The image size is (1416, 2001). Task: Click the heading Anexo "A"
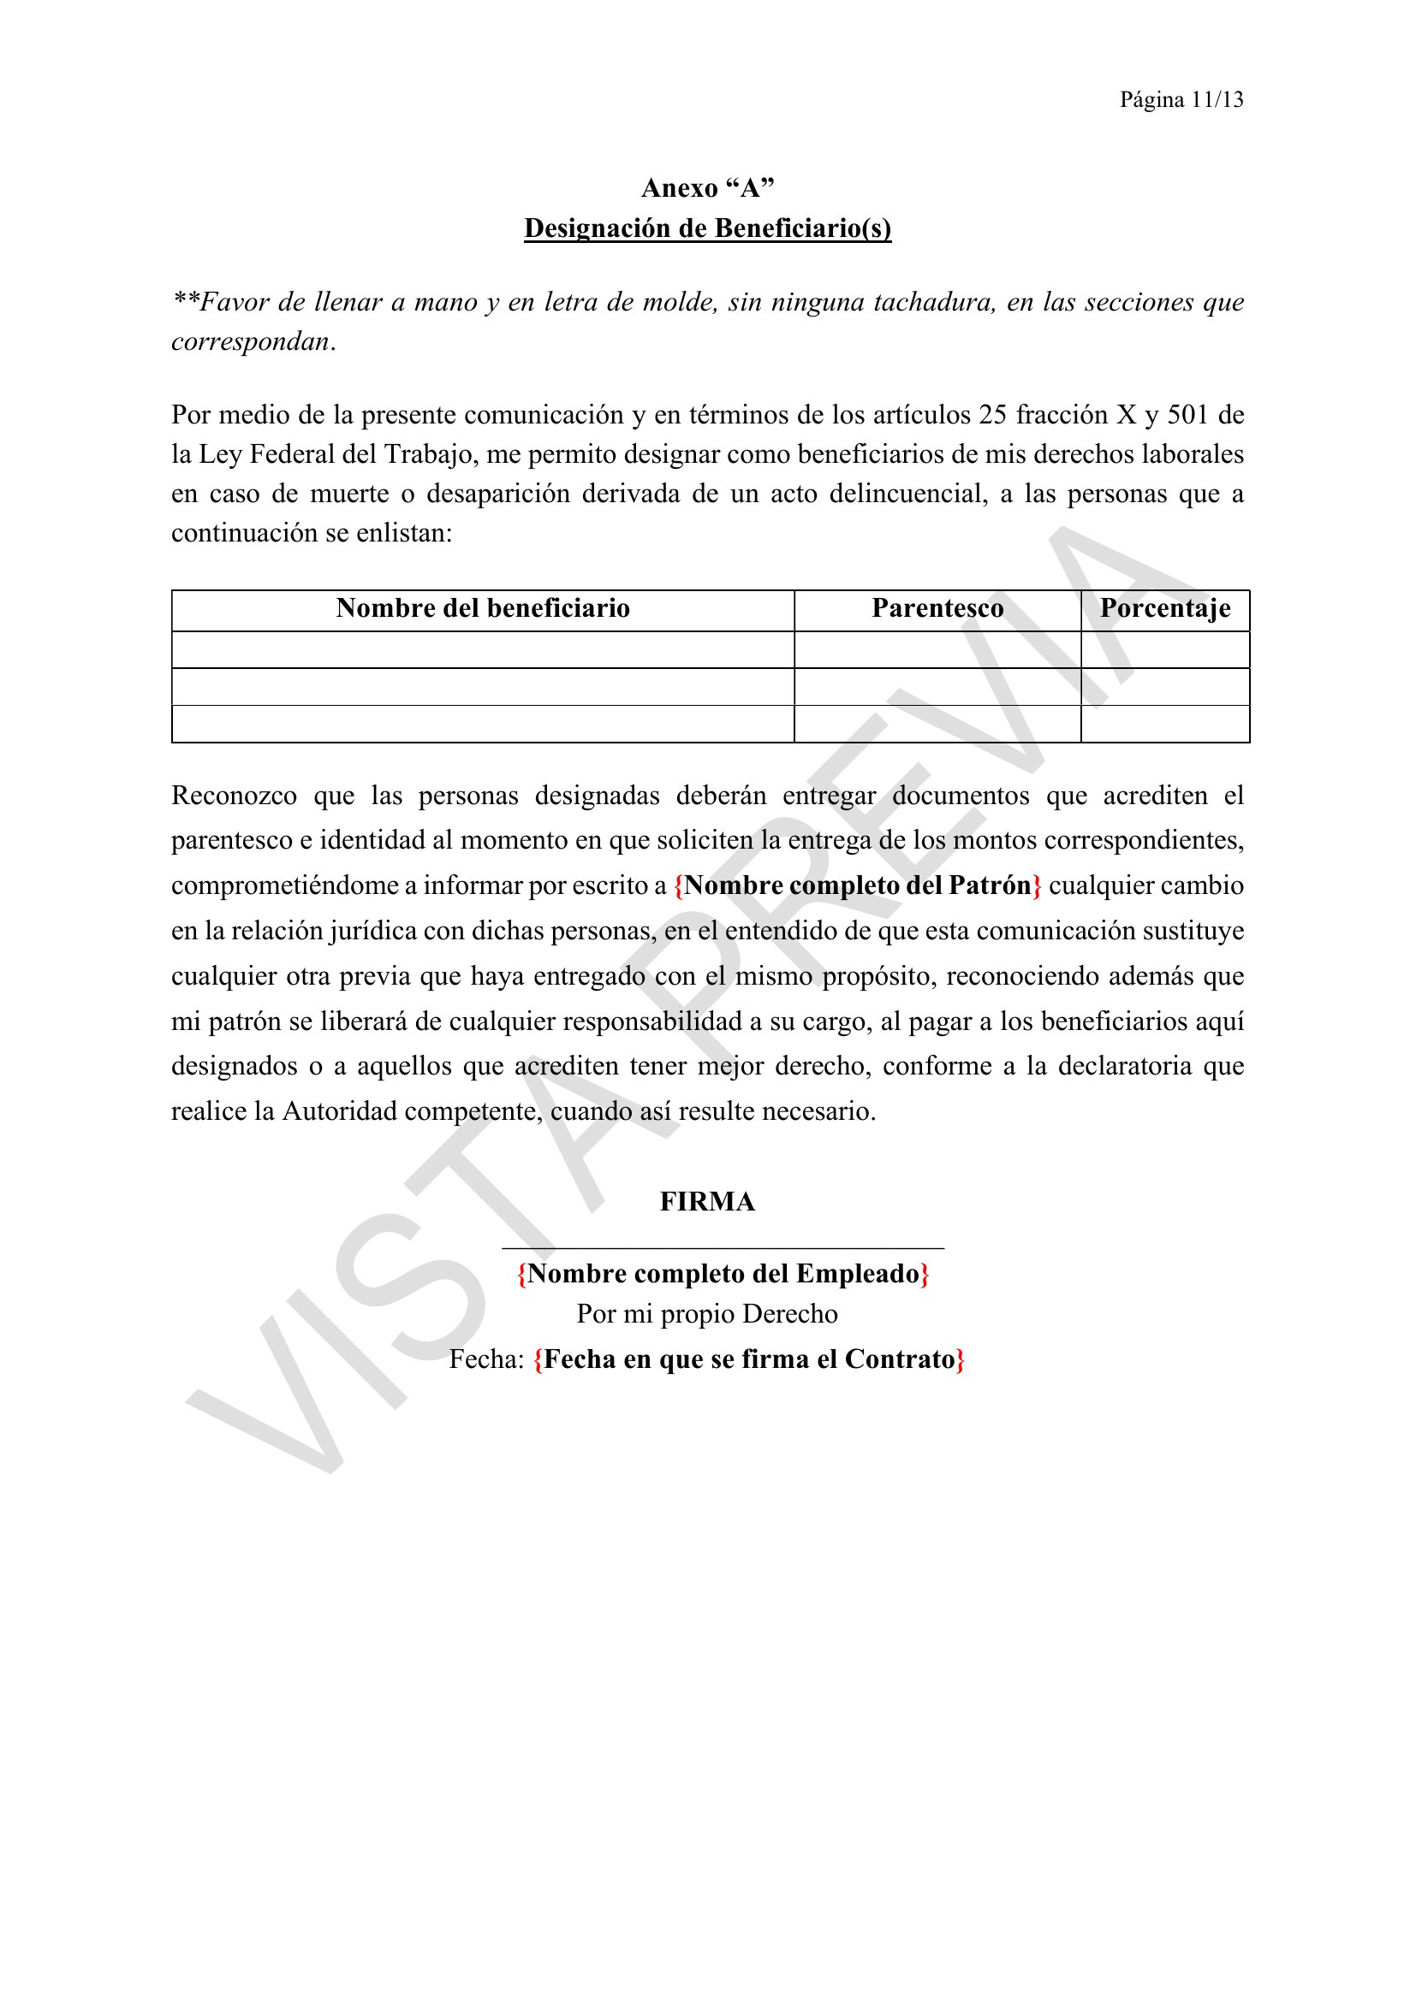click(707, 188)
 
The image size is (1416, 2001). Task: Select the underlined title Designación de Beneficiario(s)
click(707, 228)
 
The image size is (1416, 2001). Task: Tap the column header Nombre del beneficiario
click(483, 608)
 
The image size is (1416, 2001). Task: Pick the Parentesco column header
click(937, 608)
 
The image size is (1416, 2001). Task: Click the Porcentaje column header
click(1165, 608)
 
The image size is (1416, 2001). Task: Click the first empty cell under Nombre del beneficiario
click(483, 650)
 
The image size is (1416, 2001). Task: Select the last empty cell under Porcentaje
click(1165, 725)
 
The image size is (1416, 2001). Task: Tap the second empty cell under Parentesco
click(937, 687)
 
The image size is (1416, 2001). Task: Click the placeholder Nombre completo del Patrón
click(858, 885)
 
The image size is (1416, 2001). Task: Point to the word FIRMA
click(707, 1202)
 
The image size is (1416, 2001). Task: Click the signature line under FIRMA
click(723, 1248)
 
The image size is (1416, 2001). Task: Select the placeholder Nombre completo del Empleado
click(723, 1274)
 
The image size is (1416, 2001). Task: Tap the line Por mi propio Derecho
click(707, 1314)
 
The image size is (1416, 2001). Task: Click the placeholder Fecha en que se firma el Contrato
click(749, 1359)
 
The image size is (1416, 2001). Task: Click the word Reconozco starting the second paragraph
click(234, 796)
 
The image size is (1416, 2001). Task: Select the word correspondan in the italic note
click(250, 341)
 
